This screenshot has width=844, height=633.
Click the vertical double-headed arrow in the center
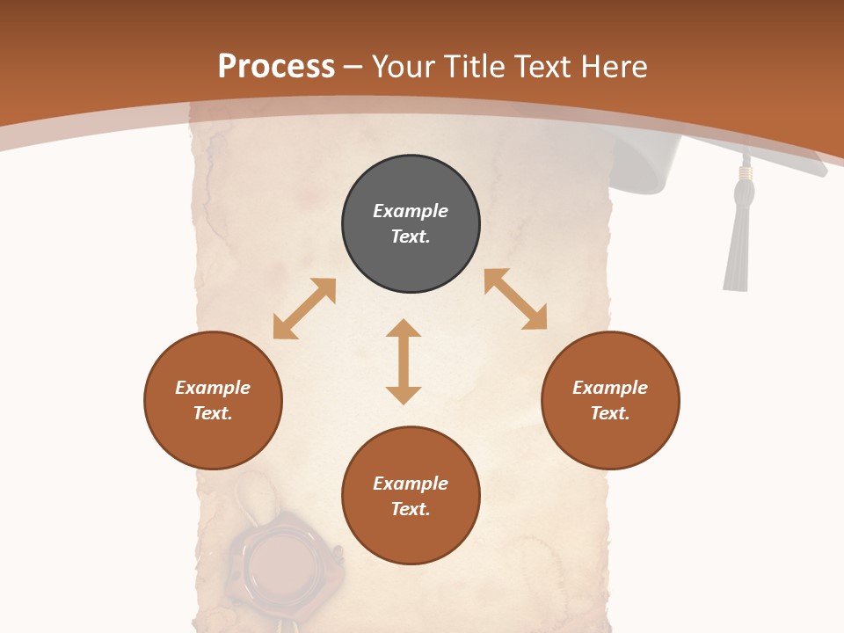coord(404,361)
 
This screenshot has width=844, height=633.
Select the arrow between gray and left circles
coord(304,309)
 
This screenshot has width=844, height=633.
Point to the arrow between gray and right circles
coord(515,299)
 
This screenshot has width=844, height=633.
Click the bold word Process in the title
coord(276,67)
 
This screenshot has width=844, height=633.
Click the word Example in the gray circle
coord(411,211)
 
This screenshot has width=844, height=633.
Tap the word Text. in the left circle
coord(213,413)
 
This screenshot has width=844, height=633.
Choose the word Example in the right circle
coord(610,388)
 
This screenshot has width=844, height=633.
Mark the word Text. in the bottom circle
coord(411,509)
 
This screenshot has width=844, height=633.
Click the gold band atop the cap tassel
coord(746,173)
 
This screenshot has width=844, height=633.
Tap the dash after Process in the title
coord(353,68)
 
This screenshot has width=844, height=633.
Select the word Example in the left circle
coord(213,388)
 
